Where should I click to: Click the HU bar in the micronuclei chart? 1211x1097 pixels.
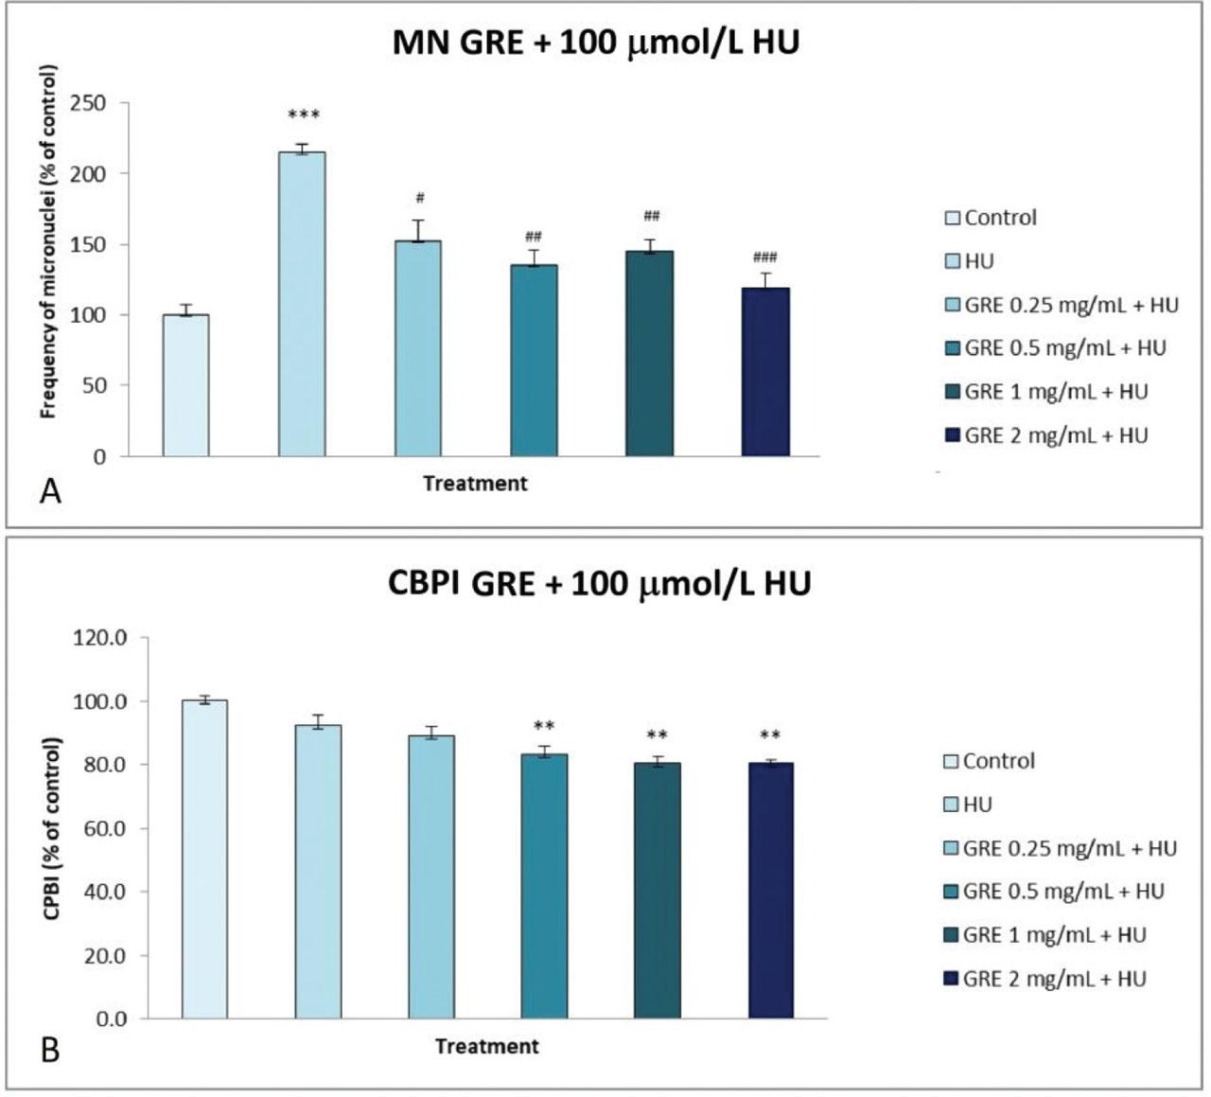(x=302, y=303)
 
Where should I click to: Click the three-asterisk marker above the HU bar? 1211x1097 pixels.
(x=304, y=116)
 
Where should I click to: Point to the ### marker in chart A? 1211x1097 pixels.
(x=764, y=257)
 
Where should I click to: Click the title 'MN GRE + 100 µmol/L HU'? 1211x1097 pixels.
(x=595, y=44)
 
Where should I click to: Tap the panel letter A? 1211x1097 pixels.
(x=50, y=491)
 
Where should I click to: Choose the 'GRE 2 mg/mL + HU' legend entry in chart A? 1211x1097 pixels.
(x=1055, y=435)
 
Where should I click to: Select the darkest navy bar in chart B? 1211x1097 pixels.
(x=770, y=891)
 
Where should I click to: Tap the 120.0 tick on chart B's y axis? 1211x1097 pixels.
(x=99, y=638)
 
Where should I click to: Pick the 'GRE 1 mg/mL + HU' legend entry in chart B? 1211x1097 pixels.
(x=1054, y=935)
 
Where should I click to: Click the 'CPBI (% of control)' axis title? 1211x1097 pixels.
(x=52, y=827)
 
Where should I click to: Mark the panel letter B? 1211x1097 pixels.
(x=50, y=1050)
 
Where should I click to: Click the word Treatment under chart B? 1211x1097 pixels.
(x=486, y=1046)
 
